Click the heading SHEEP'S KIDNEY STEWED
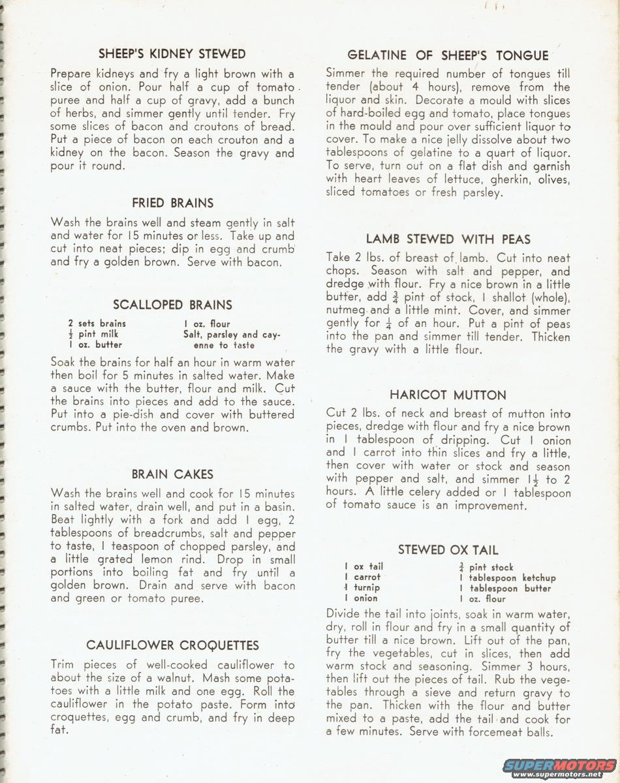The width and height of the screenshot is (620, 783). (172, 54)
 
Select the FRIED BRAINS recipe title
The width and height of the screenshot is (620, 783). (172, 203)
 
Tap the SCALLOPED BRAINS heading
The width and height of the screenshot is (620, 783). (172, 305)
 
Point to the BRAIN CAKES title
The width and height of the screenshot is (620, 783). (172, 474)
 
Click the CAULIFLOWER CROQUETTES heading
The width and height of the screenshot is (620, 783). (172, 645)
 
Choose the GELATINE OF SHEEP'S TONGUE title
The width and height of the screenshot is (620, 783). (448, 55)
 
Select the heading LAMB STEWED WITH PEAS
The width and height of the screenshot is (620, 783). (448, 239)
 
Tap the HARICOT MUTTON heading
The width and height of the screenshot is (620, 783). (448, 395)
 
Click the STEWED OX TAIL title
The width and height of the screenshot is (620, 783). (448, 549)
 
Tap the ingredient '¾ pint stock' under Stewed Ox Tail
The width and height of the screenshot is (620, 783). (486, 567)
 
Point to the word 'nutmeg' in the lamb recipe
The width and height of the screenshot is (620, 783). (346, 311)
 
